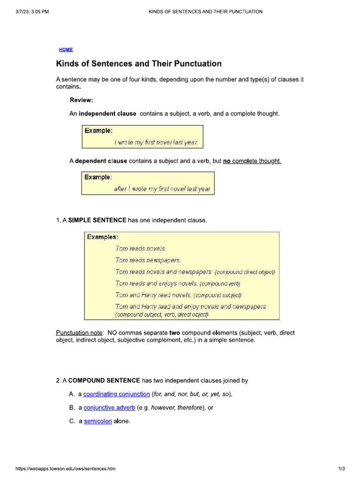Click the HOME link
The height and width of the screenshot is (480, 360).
66,50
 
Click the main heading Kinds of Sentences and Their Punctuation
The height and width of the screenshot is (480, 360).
139,64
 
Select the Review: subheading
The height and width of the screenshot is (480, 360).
82,100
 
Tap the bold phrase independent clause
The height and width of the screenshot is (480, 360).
107,114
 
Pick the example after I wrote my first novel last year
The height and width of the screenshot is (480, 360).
162,189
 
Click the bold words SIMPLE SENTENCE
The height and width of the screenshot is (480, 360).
97,220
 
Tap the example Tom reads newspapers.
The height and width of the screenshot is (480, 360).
148,260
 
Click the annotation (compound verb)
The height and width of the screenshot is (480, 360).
220,284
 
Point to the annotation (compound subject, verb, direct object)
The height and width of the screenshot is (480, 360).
162,315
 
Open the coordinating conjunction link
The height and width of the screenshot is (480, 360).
117,394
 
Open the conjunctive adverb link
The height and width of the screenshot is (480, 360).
109,408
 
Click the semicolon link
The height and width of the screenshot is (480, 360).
98,421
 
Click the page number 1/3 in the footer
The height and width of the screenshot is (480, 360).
342,469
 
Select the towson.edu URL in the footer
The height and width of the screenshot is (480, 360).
66,469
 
